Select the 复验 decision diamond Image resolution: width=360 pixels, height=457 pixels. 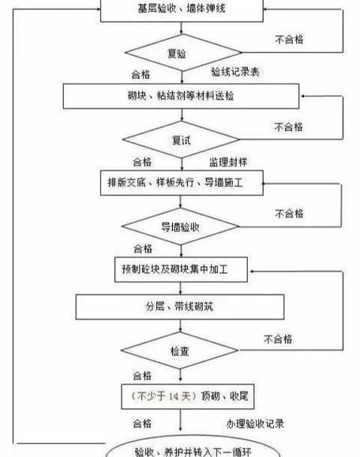coord(177,54)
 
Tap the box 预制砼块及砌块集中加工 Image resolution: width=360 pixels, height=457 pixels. coord(181,270)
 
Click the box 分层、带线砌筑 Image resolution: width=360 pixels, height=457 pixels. coord(180,306)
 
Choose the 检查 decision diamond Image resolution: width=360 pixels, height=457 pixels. coord(179,351)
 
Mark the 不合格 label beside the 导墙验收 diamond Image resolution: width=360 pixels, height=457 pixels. coord(291,213)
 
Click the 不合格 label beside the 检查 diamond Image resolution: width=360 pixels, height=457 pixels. coord(278,339)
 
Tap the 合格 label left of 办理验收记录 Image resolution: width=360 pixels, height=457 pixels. coord(143,423)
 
